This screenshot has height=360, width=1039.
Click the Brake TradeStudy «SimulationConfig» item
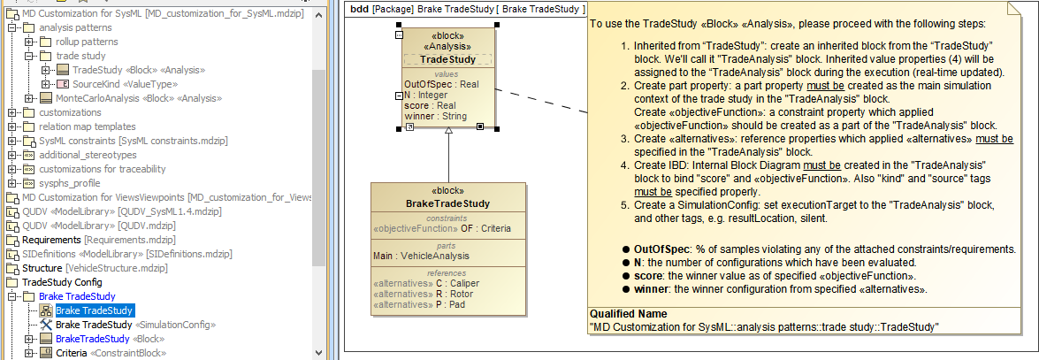[x=135, y=325]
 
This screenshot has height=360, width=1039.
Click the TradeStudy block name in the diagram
[x=447, y=59]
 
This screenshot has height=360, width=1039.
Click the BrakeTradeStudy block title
[x=447, y=203]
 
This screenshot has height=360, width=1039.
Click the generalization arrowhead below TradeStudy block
[x=448, y=132]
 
